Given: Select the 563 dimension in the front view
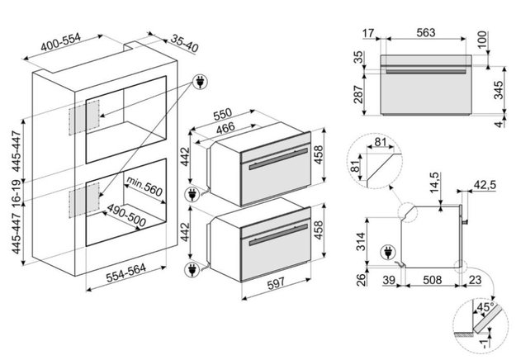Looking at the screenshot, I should (425, 35).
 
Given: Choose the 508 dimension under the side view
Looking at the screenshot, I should (428, 282).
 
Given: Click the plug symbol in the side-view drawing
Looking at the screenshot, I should (386, 251).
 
